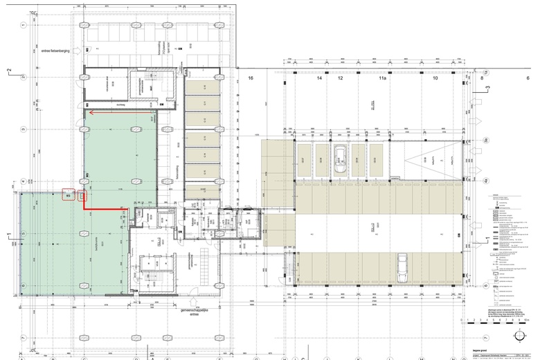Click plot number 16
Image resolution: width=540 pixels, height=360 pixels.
pos(251,79)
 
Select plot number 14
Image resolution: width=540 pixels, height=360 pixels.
pos(320,79)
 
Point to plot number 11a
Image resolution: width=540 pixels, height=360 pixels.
pos(382,79)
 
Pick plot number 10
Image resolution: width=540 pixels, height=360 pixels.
pos(435,79)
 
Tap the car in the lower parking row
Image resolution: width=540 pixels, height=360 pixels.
pos(402,268)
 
